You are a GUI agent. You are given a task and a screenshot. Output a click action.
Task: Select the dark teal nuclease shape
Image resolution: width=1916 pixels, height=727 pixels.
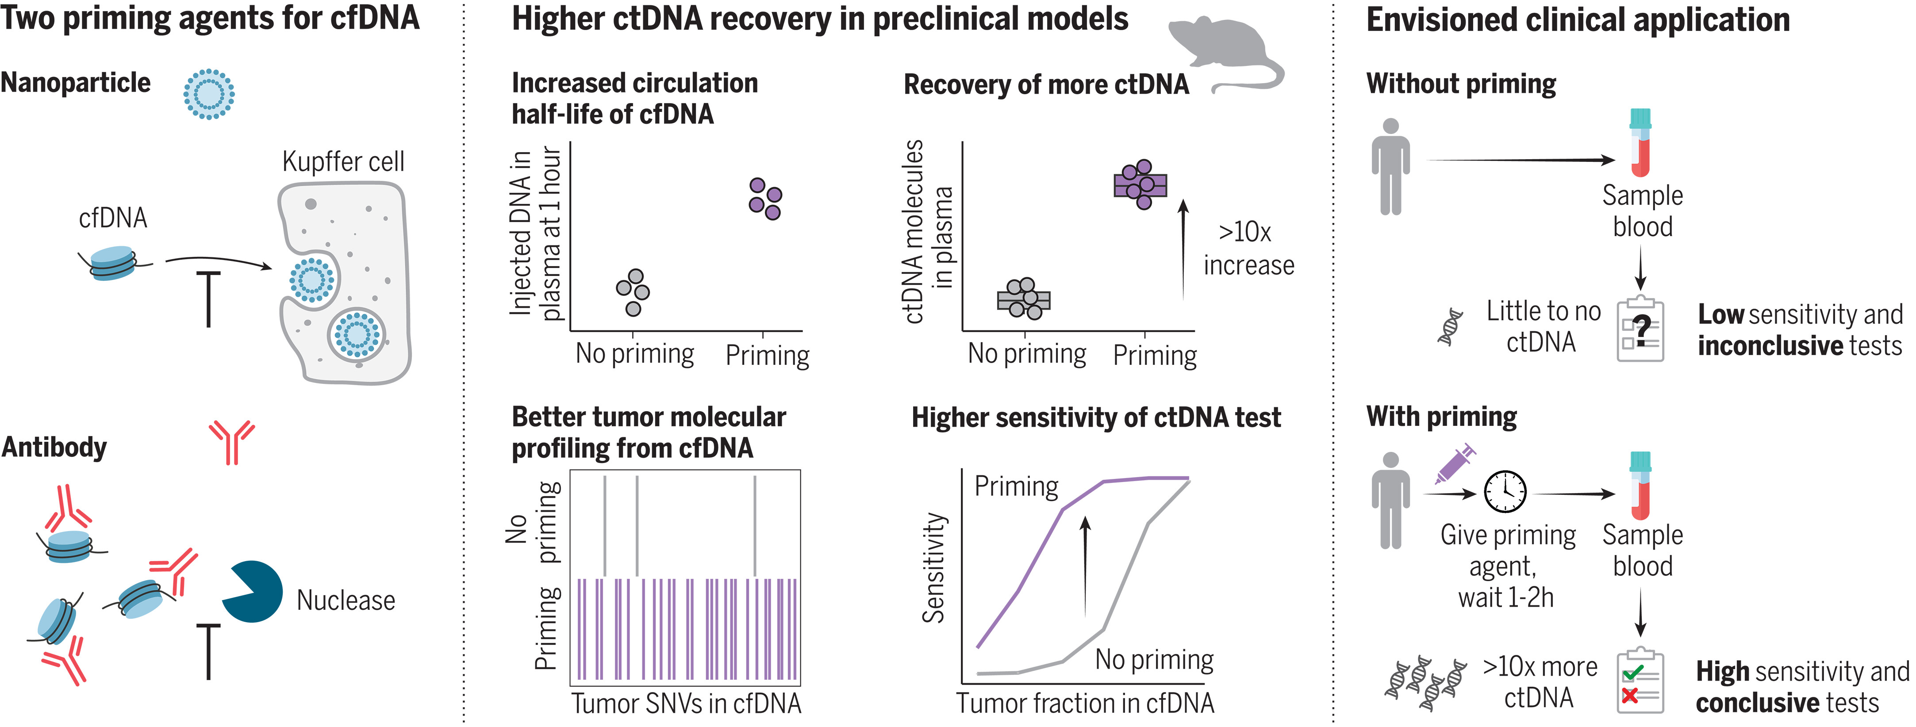coord(253,591)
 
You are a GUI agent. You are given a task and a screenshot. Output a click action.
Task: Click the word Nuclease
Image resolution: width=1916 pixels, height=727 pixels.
coord(346,600)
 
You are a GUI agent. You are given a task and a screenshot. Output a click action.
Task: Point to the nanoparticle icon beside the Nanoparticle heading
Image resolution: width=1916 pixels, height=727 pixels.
coord(209,94)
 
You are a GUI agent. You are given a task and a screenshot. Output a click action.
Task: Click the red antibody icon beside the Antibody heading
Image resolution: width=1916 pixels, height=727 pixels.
coord(231,442)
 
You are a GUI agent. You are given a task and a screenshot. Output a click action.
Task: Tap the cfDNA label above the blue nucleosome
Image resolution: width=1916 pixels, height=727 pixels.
coord(113,218)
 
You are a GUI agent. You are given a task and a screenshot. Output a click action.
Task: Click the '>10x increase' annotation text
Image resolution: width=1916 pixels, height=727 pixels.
coord(1249,248)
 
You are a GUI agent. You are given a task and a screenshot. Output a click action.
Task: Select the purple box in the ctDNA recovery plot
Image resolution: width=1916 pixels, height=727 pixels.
coord(1140,185)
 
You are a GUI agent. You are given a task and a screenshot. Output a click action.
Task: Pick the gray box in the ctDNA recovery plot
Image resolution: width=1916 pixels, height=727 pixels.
coord(1023,299)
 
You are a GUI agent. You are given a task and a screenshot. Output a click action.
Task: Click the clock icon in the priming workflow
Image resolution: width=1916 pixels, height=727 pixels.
coord(1505,491)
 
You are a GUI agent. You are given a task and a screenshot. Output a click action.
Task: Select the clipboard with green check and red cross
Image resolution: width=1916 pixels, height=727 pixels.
coord(1640,681)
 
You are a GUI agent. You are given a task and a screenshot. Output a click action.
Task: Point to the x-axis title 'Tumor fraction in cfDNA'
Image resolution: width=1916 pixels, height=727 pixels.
coord(1085,703)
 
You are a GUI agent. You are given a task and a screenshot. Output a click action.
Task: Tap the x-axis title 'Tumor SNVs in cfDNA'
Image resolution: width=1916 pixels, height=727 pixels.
coord(686,703)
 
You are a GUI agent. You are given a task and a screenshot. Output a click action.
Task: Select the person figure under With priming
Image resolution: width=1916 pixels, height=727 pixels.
coord(1390,500)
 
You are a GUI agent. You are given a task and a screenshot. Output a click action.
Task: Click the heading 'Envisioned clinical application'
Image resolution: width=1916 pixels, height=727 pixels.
coord(1578,20)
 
